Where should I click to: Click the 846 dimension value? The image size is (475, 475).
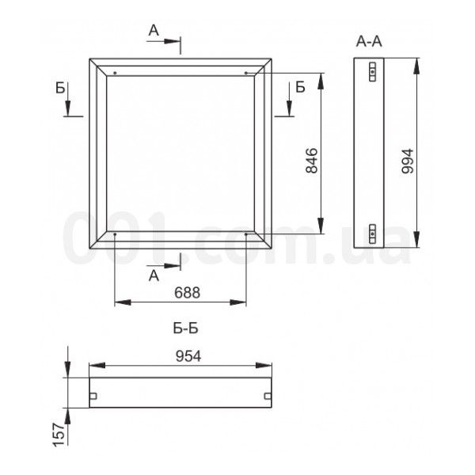[x=312, y=161]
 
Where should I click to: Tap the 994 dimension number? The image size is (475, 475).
[x=407, y=161]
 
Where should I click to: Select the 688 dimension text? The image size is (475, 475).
[x=187, y=293]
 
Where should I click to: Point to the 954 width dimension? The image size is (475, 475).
[x=188, y=356]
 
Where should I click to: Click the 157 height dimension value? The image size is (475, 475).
[x=59, y=435]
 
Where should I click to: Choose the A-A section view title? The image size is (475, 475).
[x=369, y=41]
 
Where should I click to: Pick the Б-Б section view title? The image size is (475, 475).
[x=186, y=329]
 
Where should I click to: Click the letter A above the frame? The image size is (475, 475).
[x=154, y=31]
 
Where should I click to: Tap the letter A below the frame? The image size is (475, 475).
[x=154, y=275]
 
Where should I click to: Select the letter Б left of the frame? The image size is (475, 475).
[x=60, y=88]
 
